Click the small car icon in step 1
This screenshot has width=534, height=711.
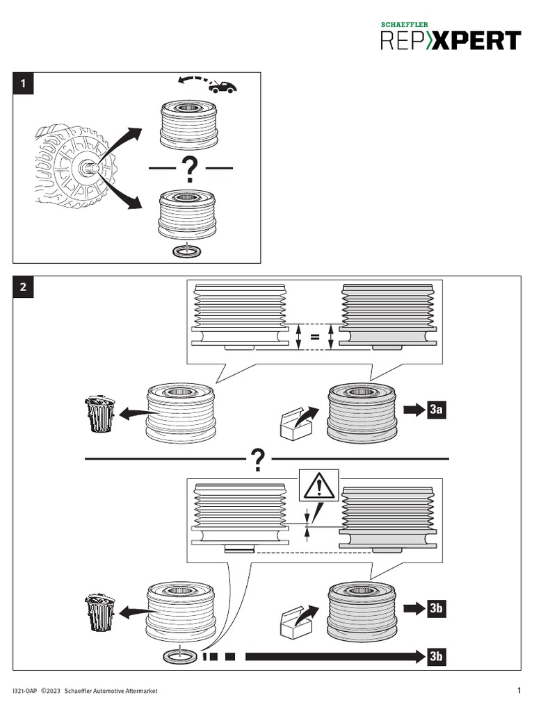coord(222,85)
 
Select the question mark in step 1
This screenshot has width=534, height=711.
coord(188,169)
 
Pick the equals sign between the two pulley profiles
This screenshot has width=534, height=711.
coord(314,338)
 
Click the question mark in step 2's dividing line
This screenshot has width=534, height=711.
coord(258,458)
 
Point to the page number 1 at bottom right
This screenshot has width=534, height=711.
coord(519,690)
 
